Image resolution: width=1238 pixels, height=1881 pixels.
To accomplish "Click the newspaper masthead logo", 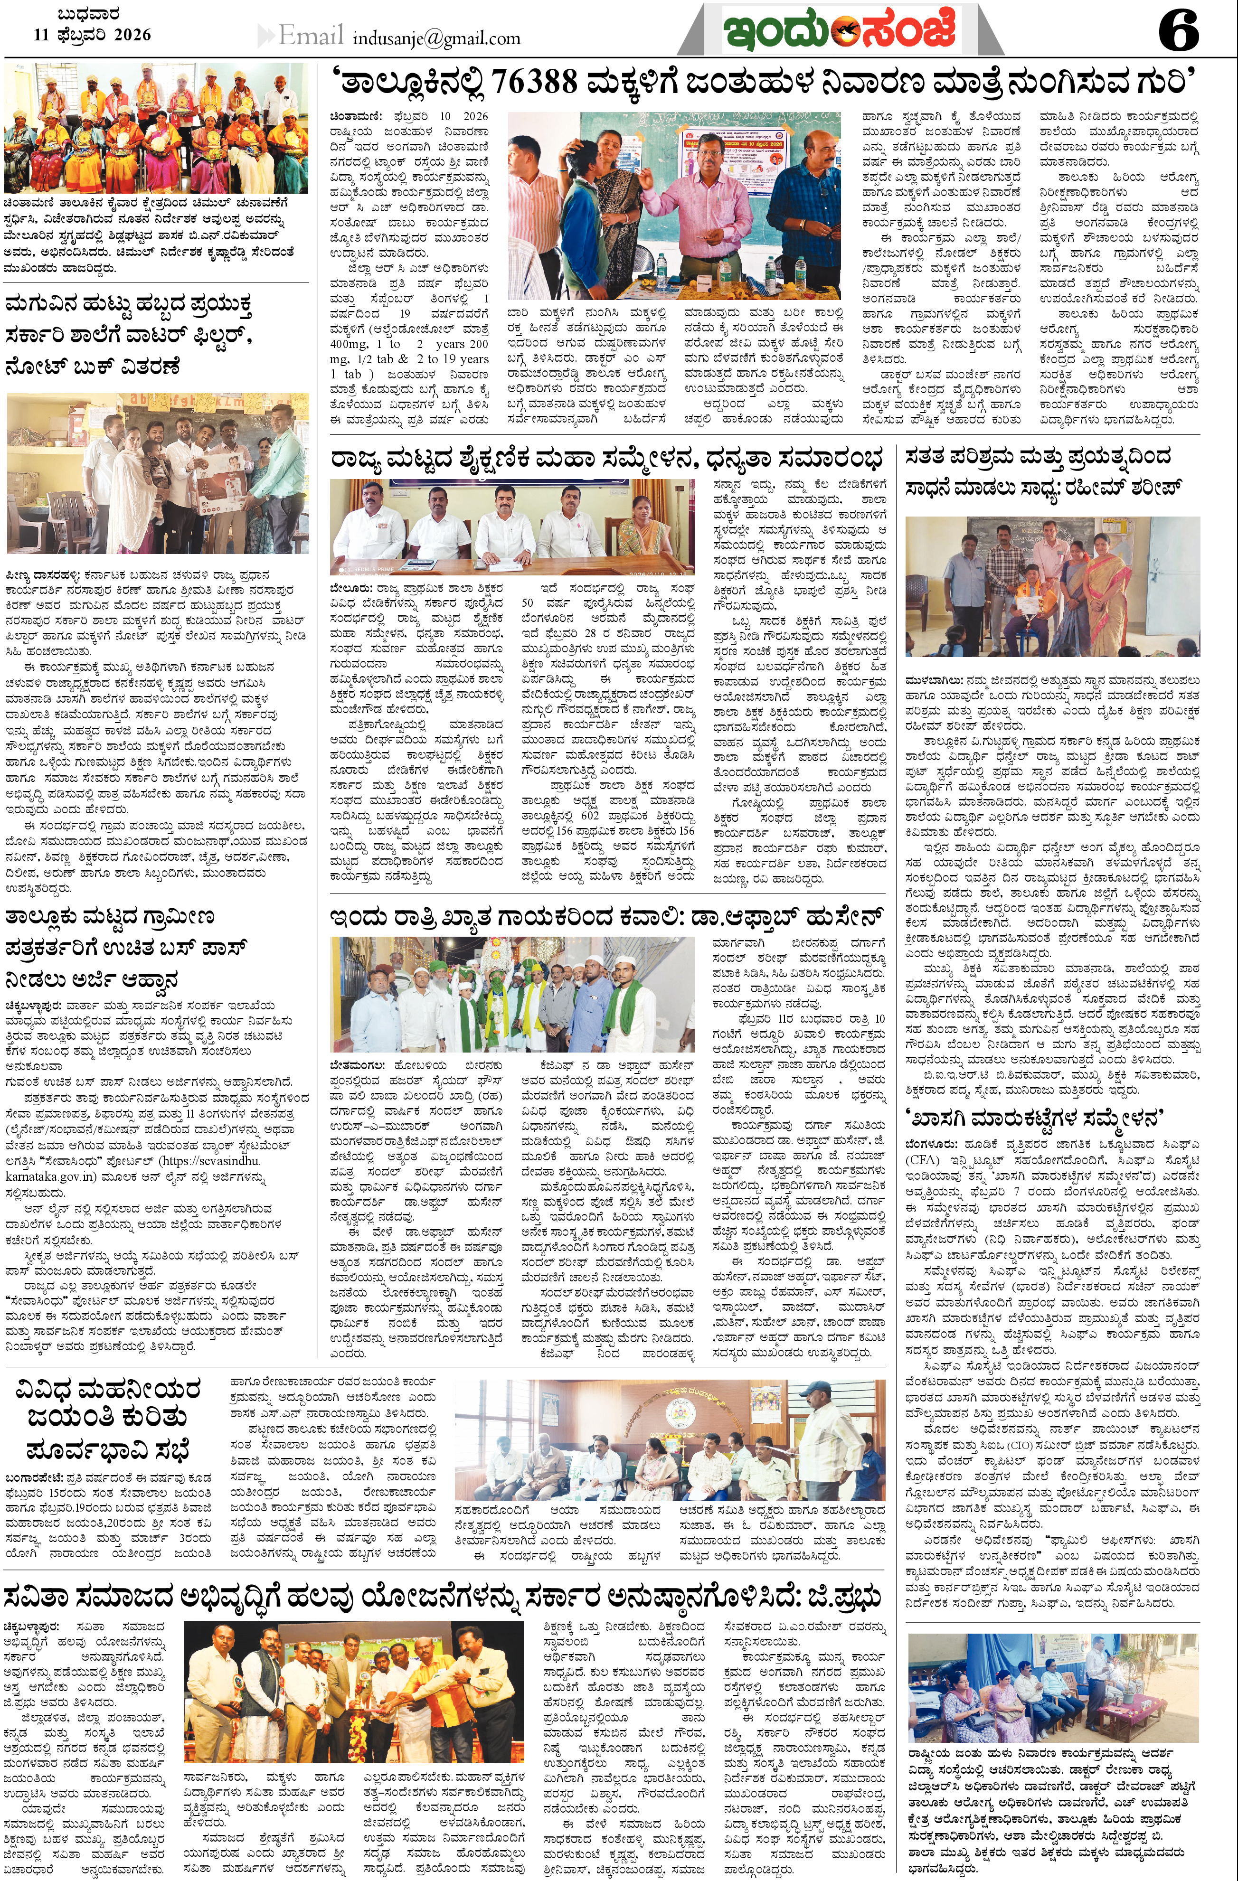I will point(840,30).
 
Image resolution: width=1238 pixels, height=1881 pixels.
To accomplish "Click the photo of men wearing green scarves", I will point(512,994).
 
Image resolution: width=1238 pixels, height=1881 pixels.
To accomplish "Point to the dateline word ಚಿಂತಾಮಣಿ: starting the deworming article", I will point(356,116).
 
